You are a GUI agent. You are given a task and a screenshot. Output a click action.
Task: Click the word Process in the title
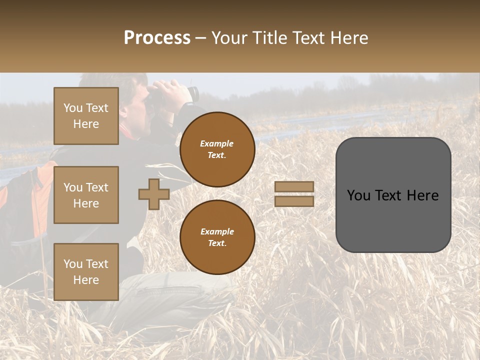coord(157,38)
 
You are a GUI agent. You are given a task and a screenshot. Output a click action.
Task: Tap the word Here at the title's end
coord(349,38)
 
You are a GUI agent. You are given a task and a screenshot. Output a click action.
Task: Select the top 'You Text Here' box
coord(86,116)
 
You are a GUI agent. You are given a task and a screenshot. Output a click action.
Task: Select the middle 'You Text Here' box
coord(86,195)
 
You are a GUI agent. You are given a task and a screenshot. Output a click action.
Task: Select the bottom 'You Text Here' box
coord(86,272)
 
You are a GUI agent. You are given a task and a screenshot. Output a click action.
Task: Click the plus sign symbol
coord(154,194)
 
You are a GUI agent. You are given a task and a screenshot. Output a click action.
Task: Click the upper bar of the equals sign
coord(294,186)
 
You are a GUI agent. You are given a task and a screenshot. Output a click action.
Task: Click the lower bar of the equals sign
coord(294,201)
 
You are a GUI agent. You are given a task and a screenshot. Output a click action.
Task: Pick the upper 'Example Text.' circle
coord(217,149)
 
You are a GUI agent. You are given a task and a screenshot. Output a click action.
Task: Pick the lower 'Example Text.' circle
coord(217,237)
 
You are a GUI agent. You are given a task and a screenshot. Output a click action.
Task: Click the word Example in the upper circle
coord(217,143)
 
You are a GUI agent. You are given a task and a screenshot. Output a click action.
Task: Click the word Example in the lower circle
coord(217,231)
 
